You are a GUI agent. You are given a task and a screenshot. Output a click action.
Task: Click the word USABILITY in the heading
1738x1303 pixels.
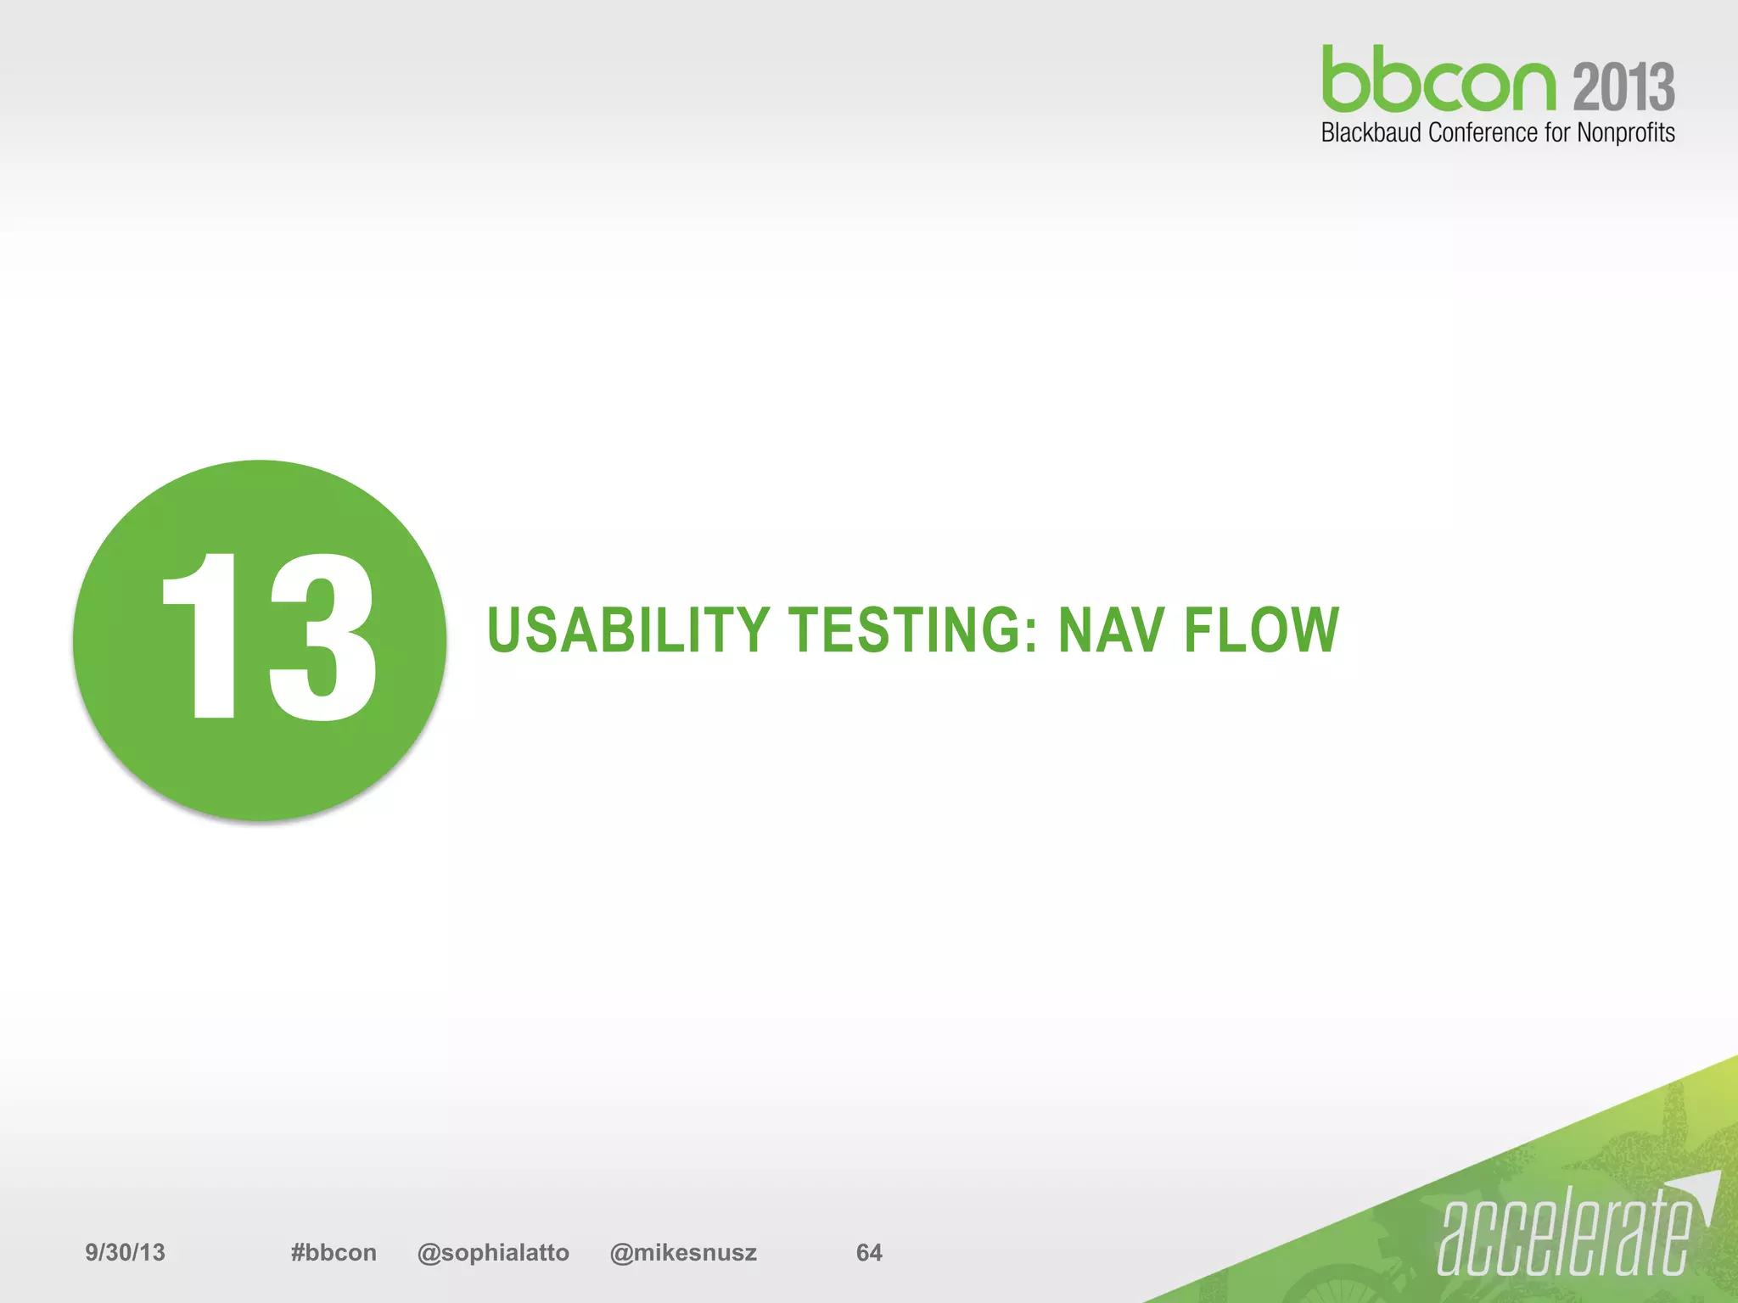point(628,631)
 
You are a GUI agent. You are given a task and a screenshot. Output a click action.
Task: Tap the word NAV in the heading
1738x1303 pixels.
point(1110,631)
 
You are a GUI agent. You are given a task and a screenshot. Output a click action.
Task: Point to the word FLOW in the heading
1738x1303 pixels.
point(1261,631)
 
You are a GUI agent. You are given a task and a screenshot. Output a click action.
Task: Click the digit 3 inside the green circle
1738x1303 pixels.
point(322,636)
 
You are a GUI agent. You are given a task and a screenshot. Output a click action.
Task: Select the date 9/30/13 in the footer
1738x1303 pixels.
point(125,1252)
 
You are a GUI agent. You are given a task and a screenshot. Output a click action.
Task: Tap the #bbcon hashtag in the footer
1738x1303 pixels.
point(333,1252)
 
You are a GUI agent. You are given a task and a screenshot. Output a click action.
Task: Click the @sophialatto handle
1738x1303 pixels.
point(493,1252)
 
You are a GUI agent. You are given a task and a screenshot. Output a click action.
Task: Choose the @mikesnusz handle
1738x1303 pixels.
point(683,1252)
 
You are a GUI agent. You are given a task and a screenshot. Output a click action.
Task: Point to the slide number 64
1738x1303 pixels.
point(869,1252)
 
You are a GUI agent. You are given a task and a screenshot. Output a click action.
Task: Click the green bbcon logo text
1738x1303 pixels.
point(1438,81)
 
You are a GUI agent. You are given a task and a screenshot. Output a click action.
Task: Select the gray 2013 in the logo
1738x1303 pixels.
point(1623,87)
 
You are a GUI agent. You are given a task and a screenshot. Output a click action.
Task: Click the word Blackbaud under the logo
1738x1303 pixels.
point(1371,133)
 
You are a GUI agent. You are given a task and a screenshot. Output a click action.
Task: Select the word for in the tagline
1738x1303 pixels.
point(1557,133)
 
